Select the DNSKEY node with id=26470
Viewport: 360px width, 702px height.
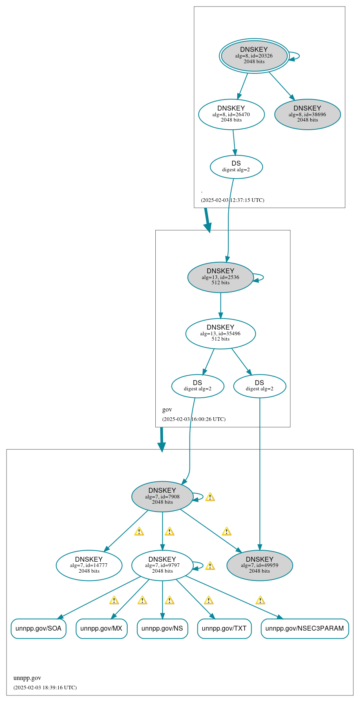[231, 114]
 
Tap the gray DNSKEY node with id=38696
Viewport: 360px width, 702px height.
[307, 114]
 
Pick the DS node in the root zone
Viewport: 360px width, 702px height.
[236, 166]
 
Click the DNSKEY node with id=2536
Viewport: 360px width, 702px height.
[221, 277]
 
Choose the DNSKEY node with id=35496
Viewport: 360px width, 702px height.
[221, 333]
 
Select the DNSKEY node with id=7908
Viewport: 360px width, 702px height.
[162, 496]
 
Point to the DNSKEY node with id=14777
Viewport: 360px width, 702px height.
[89, 565]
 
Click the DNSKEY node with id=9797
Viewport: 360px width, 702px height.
[162, 565]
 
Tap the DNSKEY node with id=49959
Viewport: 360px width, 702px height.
[260, 565]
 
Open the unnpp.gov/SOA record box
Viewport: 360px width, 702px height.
[38, 629]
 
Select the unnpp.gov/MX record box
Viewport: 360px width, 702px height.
[102, 629]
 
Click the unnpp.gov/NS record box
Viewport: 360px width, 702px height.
[162, 629]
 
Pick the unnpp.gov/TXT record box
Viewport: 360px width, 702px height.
[224, 629]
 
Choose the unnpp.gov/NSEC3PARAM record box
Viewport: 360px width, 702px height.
[305, 629]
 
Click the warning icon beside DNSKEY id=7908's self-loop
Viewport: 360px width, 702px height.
[210, 497]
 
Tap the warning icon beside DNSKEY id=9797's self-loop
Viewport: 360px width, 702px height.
[210, 566]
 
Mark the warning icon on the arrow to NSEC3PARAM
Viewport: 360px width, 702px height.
[260, 600]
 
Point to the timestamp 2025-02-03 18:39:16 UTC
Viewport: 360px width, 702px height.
[45, 688]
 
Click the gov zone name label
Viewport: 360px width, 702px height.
[167, 410]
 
